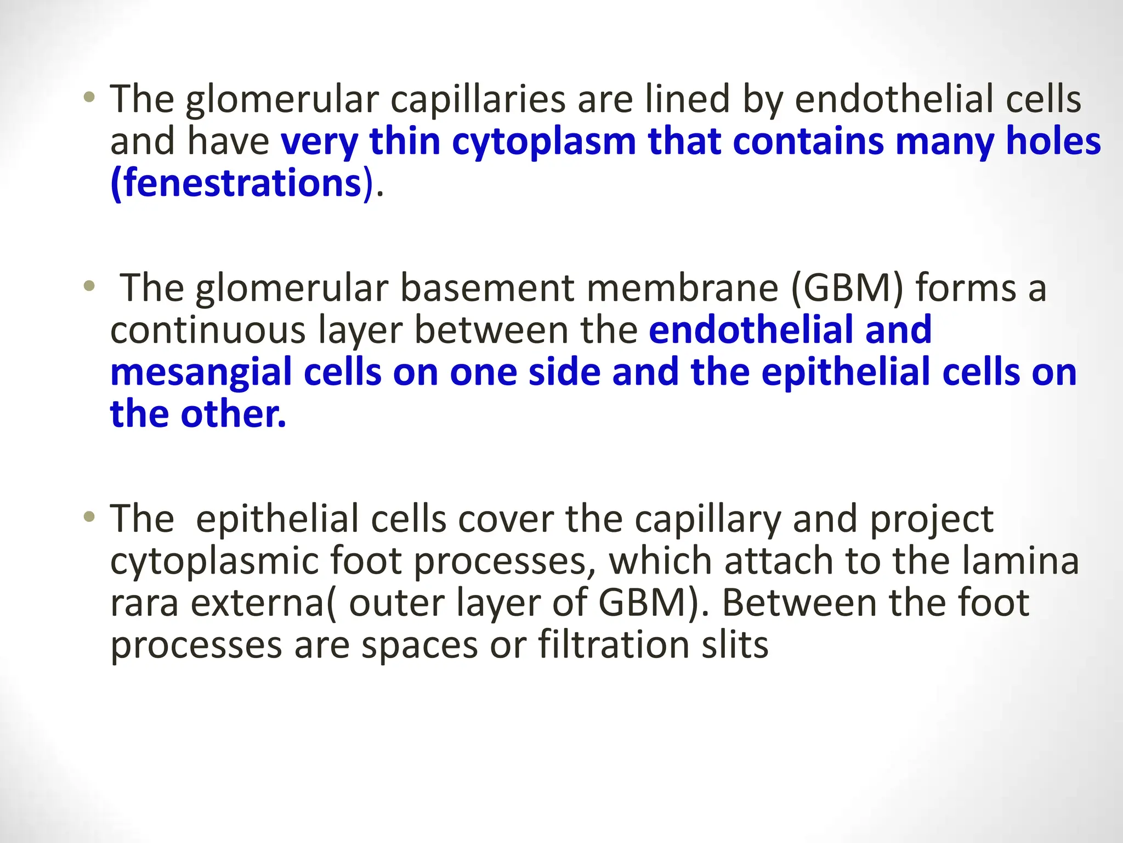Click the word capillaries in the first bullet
[478, 100]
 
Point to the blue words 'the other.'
[198, 414]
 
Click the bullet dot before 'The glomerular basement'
[89, 286]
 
